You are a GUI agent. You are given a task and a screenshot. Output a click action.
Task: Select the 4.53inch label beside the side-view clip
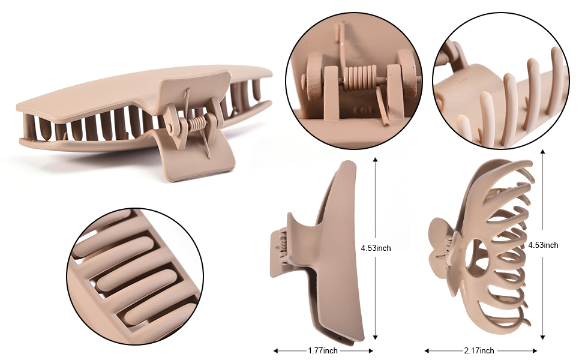[x=376, y=248]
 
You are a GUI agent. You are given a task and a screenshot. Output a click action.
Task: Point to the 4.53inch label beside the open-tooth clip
[x=543, y=245]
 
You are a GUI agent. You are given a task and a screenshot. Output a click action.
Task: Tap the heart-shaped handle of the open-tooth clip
[x=442, y=247]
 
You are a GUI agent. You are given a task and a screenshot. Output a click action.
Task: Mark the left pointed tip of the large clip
[x=18, y=107]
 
